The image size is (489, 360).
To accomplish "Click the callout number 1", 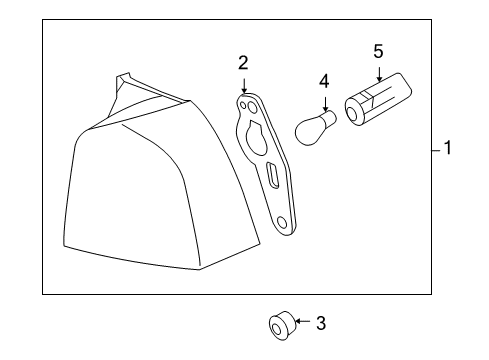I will pos(449,149).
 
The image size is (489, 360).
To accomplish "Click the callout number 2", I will pos(242,63).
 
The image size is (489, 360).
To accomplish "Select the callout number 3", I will pos(320,323).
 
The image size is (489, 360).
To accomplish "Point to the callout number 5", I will pos(378,49).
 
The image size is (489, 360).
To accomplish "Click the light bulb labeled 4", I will pos(315,125).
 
